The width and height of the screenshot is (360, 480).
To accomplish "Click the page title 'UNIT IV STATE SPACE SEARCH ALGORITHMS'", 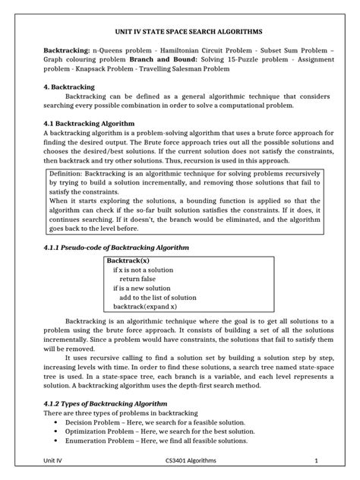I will coord(180,33).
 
